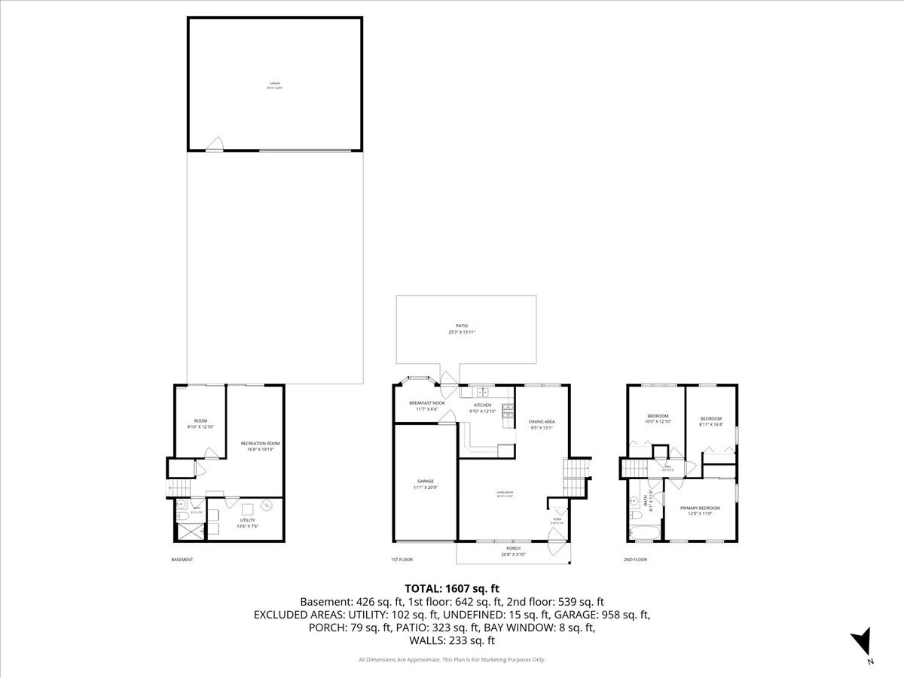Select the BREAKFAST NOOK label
click(x=427, y=403)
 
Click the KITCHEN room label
click(x=482, y=405)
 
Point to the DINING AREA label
click(x=542, y=421)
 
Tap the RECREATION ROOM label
click(x=260, y=443)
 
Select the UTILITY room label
click(x=248, y=520)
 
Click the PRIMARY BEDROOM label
click(x=700, y=508)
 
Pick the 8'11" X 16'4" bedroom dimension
click(x=710, y=425)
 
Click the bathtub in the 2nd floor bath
click(x=644, y=536)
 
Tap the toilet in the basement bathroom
click(x=182, y=517)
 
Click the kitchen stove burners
click(x=508, y=411)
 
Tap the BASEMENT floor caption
click(x=182, y=560)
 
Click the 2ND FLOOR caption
click(x=635, y=560)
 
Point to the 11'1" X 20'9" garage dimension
click(x=426, y=487)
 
